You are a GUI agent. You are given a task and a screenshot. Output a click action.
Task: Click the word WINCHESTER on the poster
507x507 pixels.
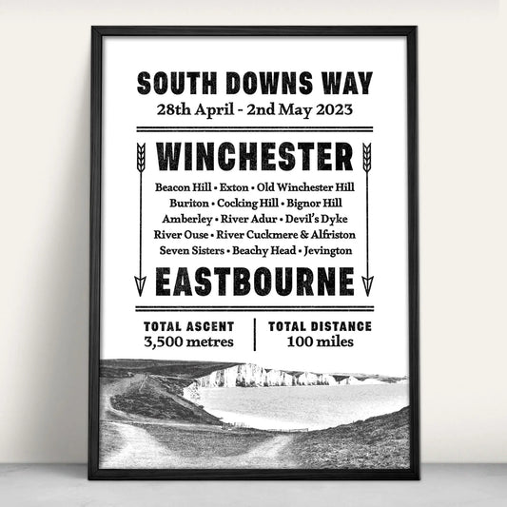pos(253,154)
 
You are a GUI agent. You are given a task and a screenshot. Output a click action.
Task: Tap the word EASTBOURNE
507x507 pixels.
pos(253,283)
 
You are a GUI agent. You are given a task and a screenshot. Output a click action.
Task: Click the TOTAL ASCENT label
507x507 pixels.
pos(188,326)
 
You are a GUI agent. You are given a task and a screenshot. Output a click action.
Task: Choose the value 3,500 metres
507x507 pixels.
pos(188,341)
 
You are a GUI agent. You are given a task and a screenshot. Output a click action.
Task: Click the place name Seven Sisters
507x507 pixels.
pos(187,250)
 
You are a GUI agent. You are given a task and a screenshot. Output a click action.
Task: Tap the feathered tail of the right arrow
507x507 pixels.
pos(367,155)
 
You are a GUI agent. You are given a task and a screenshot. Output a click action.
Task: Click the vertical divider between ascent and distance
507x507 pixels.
pos(255,334)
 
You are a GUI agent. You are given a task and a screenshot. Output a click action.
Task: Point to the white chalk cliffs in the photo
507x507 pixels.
pos(252,377)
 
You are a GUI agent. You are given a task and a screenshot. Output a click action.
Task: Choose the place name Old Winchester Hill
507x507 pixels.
pos(304,186)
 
